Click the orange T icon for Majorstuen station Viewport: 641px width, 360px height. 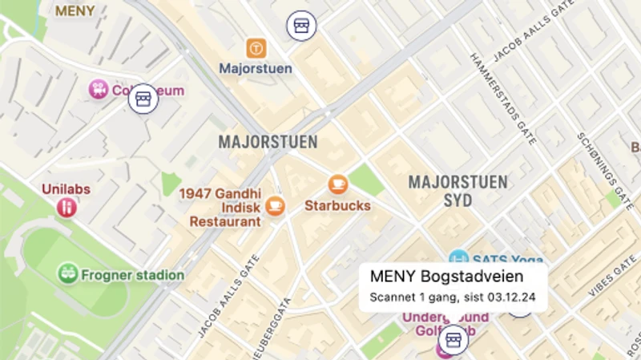[x=256, y=48]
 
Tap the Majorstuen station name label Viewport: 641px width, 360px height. [x=256, y=69]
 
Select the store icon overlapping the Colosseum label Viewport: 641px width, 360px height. [x=143, y=99]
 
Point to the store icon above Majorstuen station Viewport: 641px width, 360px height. [x=301, y=25]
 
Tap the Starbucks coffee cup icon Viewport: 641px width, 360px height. [x=338, y=184]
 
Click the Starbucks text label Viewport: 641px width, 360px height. [x=337, y=206]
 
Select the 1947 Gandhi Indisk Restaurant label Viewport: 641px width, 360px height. [x=220, y=206]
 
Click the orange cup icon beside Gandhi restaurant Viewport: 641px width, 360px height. [x=276, y=206]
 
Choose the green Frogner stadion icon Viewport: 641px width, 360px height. [x=68, y=274]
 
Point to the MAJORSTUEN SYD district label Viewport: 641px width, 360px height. [x=458, y=191]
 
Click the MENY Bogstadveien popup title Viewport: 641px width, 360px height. [x=446, y=277]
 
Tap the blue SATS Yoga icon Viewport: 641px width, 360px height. [x=458, y=259]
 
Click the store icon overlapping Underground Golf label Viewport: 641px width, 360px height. [x=454, y=339]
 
